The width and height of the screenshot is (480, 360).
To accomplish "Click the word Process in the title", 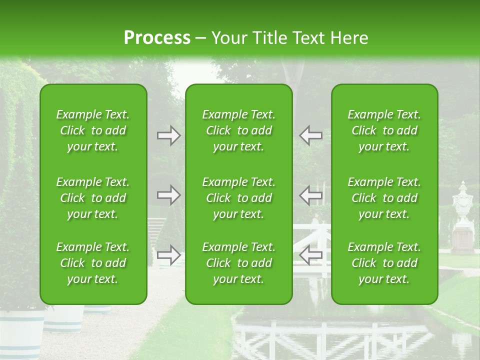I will (x=157, y=38).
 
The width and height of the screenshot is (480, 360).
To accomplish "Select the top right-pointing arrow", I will (x=169, y=135).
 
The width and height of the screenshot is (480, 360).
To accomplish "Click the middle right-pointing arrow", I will (x=169, y=195).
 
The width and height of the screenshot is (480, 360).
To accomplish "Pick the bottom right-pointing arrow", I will (x=169, y=255).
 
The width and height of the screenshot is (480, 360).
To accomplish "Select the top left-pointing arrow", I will (x=310, y=135).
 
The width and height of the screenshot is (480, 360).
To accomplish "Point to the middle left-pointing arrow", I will (x=310, y=195).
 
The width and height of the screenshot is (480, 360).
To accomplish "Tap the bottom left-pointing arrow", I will (x=310, y=255).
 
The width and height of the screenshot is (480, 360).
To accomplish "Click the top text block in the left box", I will (x=93, y=130).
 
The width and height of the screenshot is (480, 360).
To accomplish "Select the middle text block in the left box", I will (x=93, y=198).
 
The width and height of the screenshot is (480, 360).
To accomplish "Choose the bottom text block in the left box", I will (x=93, y=263).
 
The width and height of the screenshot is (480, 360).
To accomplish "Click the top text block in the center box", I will (x=239, y=130).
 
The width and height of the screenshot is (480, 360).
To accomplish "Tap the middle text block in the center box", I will (x=239, y=198).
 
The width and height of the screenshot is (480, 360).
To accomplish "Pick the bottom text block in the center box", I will (x=239, y=263).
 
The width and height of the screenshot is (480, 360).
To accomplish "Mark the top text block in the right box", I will (x=384, y=130).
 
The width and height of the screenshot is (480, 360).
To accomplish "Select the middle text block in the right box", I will (x=384, y=198).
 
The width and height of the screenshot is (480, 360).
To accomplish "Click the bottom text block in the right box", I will (x=384, y=263).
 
